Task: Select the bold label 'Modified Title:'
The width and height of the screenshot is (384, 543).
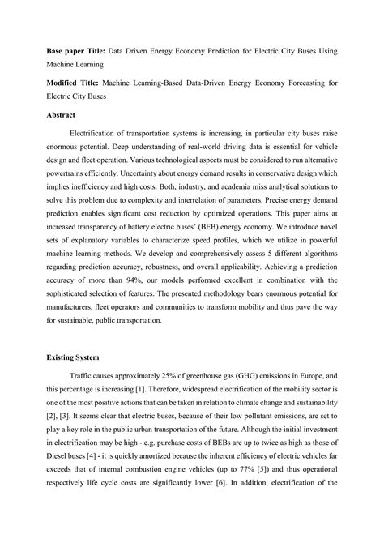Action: coord(74,83)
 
